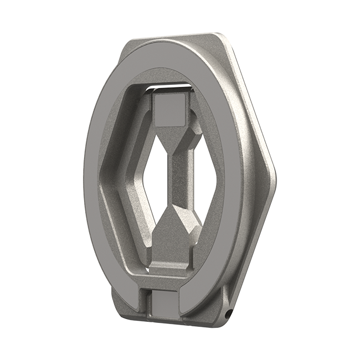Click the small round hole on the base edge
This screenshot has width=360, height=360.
coord(228,314)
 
